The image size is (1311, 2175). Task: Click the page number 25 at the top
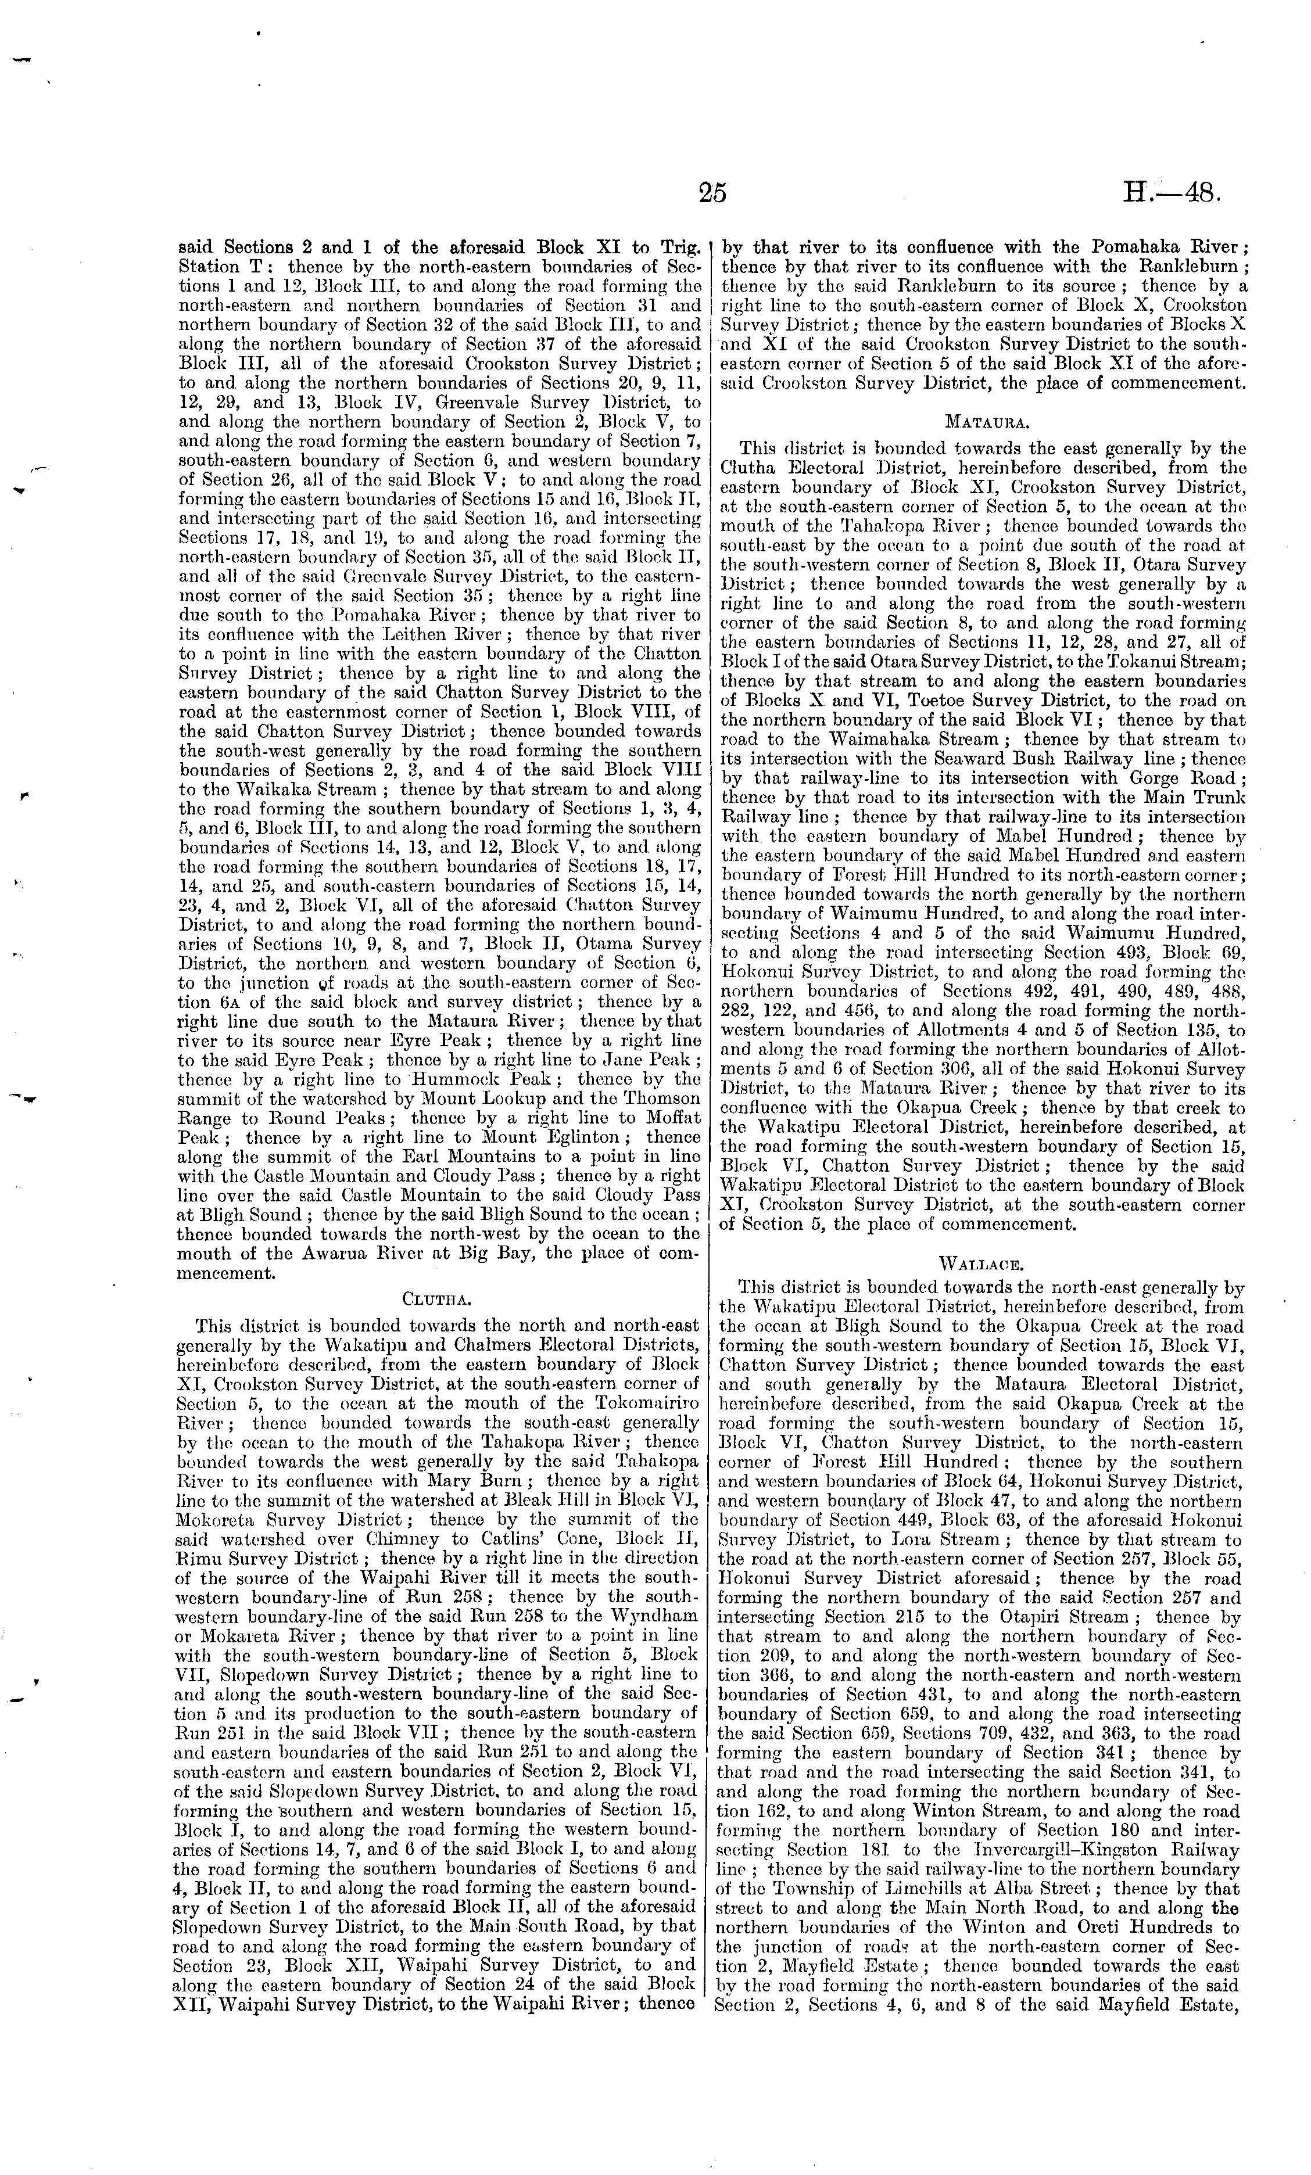coord(711,192)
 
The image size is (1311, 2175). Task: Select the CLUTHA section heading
coord(439,1298)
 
